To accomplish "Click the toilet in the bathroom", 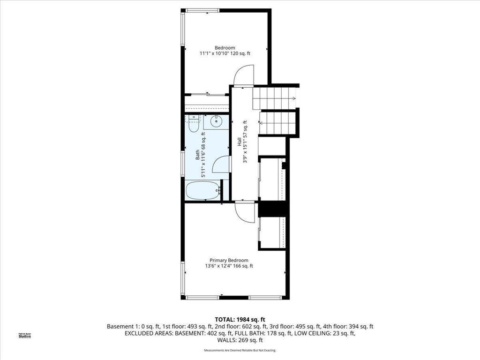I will (193, 125).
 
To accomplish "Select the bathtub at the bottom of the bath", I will (202, 191).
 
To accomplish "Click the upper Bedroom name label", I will (225, 48).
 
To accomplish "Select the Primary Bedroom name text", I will (229, 260).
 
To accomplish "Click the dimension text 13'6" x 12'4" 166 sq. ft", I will (229, 266).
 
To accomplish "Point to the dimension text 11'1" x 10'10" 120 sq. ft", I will (225, 54).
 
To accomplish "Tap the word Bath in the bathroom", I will (197, 154).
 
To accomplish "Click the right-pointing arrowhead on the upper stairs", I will (293, 98).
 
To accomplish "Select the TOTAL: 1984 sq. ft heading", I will (240, 320).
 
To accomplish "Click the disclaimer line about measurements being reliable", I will (240, 351).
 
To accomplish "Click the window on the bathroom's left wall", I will (183, 164).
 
